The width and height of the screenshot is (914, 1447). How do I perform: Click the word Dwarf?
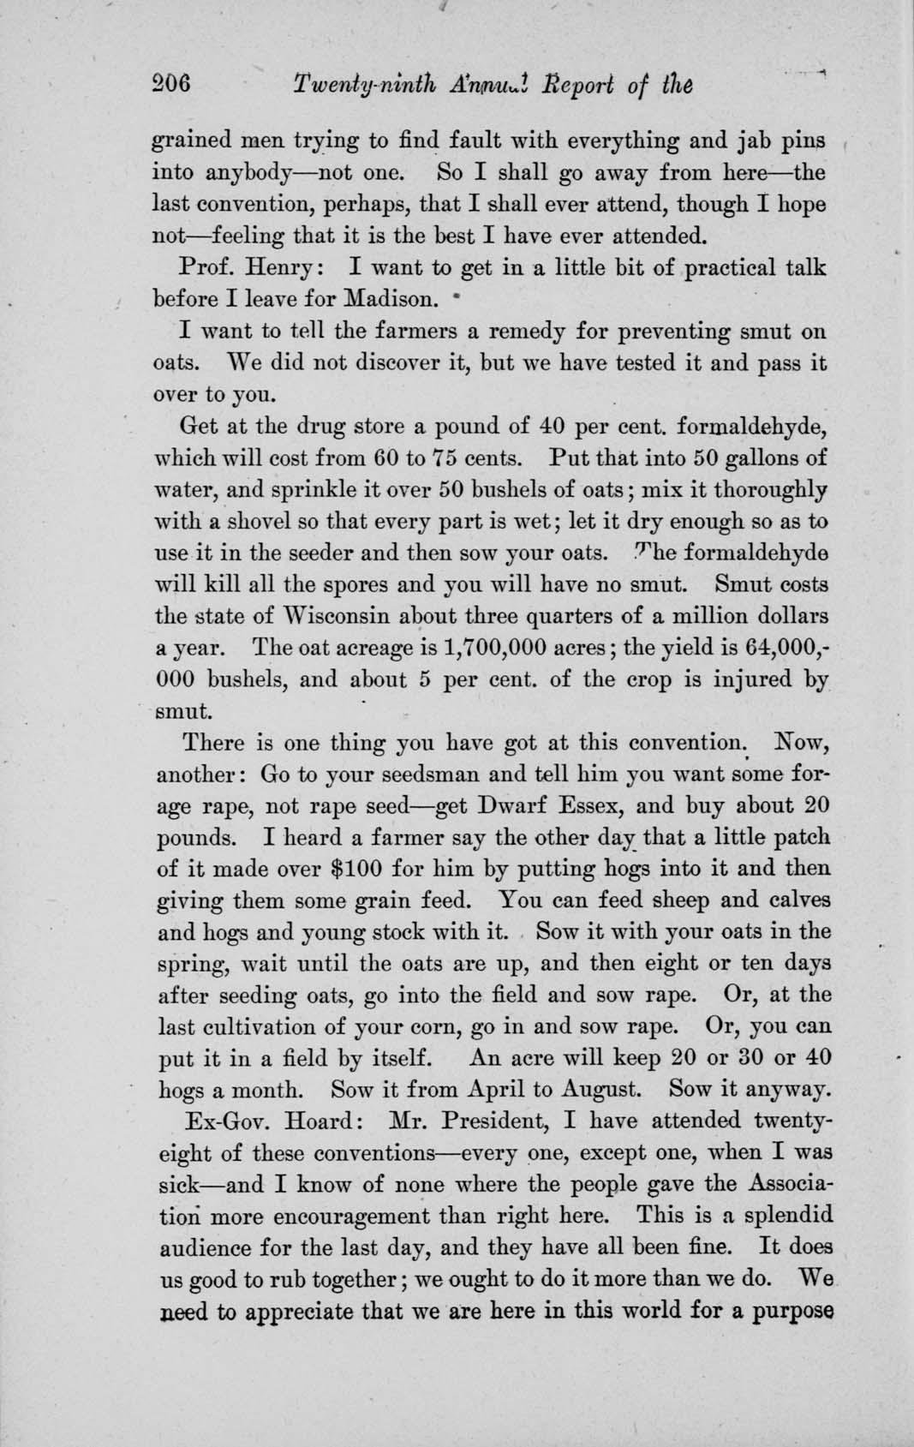[507, 806]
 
